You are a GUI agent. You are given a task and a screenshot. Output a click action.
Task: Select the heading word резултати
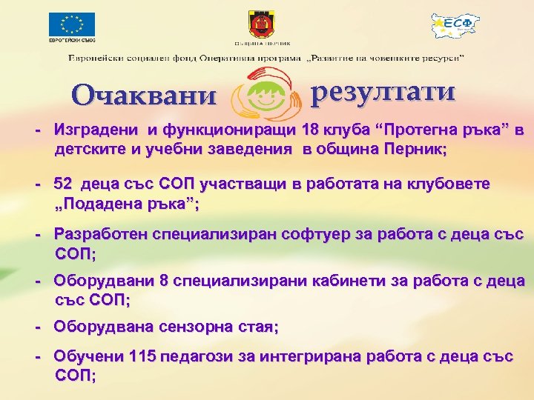[383, 92]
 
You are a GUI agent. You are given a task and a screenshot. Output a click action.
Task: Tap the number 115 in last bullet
[142, 357]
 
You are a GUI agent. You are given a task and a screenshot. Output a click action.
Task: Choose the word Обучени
[88, 357]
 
